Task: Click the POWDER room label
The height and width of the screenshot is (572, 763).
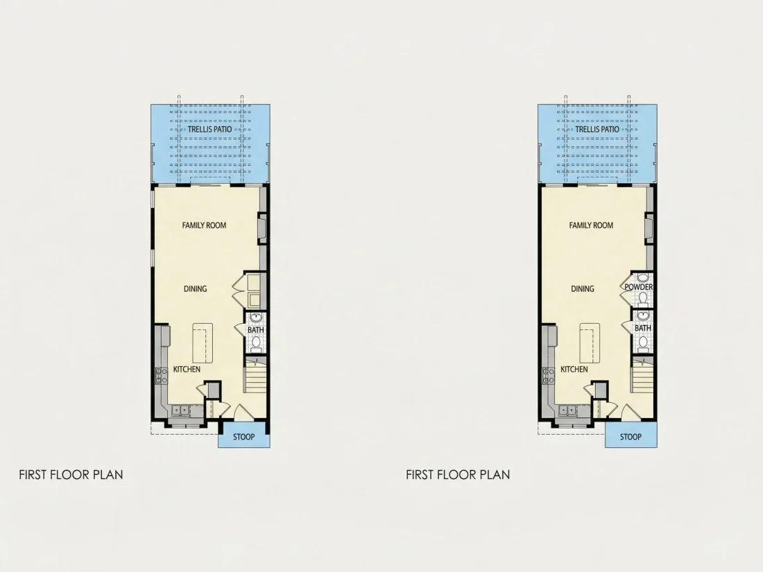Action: (x=638, y=287)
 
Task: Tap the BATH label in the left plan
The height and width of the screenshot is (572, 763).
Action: (x=255, y=330)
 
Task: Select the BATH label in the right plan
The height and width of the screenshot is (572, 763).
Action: (x=642, y=328)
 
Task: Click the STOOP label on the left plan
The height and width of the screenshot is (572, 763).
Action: (x=243, y=437)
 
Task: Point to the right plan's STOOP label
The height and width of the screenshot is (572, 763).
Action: (x=630, y=437)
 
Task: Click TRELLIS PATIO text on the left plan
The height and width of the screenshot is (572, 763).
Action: (x=209, y=129)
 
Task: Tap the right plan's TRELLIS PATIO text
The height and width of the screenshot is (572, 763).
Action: (x=597, y=129)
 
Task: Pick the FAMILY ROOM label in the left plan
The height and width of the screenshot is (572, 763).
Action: (x=204, y=225)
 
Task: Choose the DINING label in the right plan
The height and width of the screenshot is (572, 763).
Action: (x=583, y=289)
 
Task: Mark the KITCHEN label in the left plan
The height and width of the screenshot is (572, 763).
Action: (x=187, y=369)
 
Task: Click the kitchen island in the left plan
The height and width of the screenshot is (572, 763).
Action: (x=203, y=343)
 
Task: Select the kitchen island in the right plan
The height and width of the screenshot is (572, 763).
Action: (x=590, y=343)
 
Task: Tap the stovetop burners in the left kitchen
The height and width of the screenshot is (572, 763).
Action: (x=161, y=376)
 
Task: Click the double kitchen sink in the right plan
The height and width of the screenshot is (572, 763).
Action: (x=567, y=410)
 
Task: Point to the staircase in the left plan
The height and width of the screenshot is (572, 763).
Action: (x=255, y=375)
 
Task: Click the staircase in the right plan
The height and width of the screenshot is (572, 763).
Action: (x=642, y=375)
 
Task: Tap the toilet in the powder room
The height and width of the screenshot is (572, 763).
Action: (x=643, y=297)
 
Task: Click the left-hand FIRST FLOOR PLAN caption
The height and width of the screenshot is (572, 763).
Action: (x=71, y=475)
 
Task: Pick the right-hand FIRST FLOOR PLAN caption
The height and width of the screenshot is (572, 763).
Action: (x=458, y=475)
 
